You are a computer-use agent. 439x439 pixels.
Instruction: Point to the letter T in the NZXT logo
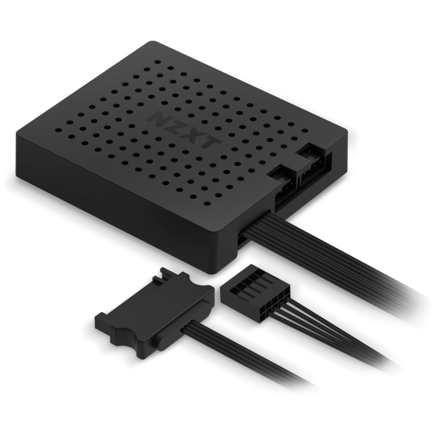209,142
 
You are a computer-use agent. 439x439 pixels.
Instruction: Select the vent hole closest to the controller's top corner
158,62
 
